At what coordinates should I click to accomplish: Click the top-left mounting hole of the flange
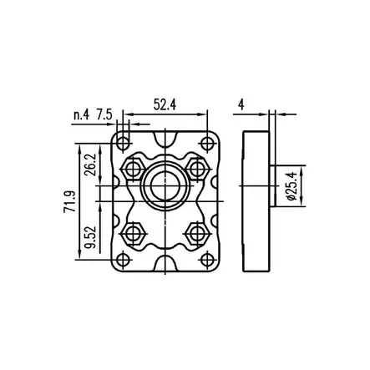click(123, 139)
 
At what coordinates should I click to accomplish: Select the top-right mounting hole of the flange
click(205, 139)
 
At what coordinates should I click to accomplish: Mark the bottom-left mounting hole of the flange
click(123, 259)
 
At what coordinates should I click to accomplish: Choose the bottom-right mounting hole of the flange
click(205, 259)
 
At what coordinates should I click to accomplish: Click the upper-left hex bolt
click(134, 167)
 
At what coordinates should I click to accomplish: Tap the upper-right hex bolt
click(197, 166)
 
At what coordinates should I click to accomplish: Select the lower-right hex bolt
click(197, 231)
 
